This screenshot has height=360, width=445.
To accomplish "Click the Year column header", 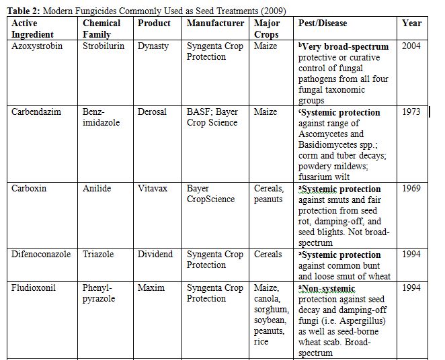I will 411,23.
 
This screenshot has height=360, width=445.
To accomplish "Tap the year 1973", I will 411,112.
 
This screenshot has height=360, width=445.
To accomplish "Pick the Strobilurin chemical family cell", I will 104,46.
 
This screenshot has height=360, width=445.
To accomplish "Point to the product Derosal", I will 153,112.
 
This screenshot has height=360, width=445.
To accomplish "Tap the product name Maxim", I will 151,288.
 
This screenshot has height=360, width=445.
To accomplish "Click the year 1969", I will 411,189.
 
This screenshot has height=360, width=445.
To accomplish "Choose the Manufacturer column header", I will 215,23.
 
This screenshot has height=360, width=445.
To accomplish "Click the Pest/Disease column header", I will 323,23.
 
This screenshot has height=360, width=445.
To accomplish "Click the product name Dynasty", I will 154,46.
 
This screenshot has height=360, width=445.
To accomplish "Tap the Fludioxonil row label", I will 34,288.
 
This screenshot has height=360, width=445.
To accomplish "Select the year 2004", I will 411,46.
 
